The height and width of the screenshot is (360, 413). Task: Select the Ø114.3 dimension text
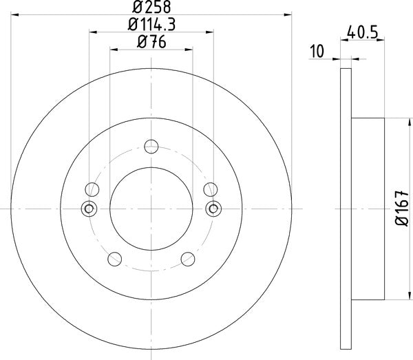tap(150, 25)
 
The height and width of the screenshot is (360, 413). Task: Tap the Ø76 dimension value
tap(150, 43)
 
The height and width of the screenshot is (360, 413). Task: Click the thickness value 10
tap(317, 50)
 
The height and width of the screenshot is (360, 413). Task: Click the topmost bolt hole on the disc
tap(151, 146)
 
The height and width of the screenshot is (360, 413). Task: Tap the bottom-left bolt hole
tap(116, 258)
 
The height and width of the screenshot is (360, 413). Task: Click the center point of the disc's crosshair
tap(151, 208)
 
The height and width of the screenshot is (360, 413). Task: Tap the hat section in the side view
tap(368, 208)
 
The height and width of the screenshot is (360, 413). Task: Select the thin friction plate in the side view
tap(346, 208)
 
